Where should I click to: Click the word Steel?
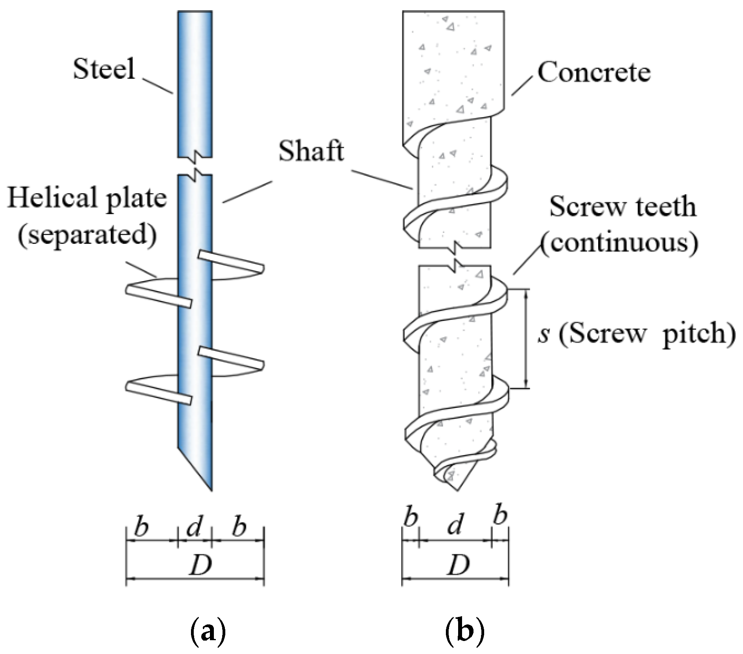tap(104, 69)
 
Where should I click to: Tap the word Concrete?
tap(594, 73)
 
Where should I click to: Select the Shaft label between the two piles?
tap(311, 151)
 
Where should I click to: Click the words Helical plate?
tap(87, 198)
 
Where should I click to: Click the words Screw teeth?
tap(623, 207)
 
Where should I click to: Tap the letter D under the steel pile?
tap(200, 565)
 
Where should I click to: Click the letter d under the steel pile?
tap(194, 527)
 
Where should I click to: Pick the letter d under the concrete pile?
tap(455, 525)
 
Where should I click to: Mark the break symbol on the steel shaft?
tap(195, 166)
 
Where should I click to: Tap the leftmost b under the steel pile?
tap(141, 527)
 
